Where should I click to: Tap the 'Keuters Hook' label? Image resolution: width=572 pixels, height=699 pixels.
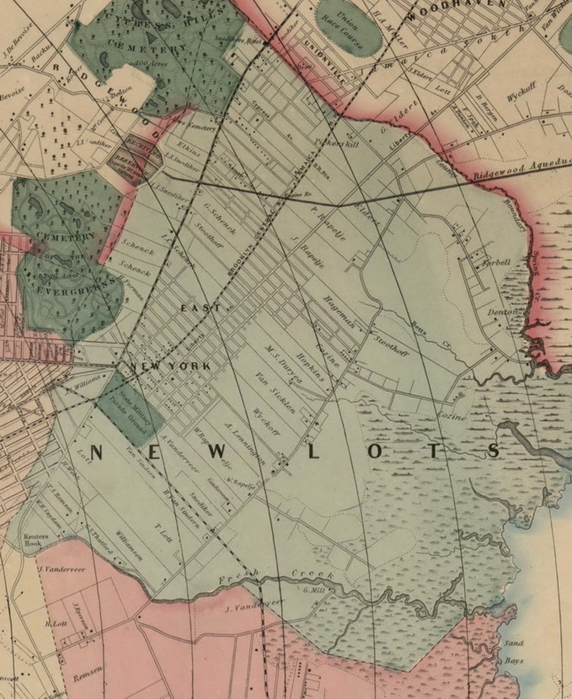click(x=36, y=539)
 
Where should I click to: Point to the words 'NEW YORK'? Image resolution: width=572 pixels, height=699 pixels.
click(x=170, y=367)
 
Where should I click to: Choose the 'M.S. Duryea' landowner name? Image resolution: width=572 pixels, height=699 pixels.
click(x=283, y=364)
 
